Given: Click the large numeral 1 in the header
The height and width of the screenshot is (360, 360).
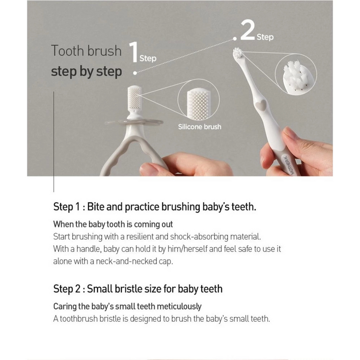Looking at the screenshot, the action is [133, 52].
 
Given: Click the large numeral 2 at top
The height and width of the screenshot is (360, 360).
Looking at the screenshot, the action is [248, 30].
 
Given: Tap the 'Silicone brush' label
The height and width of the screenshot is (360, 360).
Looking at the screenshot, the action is [200, 127].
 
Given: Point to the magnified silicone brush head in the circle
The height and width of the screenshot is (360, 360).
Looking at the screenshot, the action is [199, 105].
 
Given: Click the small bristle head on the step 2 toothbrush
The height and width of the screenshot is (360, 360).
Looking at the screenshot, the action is [238, 53].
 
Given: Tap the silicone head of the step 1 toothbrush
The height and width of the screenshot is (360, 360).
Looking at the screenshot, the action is [134, 98].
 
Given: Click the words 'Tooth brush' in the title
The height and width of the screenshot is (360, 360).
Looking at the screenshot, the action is [86, 50].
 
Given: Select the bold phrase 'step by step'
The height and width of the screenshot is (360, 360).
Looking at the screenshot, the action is [86, 72].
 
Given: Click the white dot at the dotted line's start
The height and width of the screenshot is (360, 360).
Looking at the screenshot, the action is [135, 73].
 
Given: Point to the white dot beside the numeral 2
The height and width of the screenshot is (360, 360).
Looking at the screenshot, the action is [235, 39].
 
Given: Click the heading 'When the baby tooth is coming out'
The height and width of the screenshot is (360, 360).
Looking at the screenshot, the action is [113, 224].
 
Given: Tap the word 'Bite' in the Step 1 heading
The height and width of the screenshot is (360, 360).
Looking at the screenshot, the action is [96, 206].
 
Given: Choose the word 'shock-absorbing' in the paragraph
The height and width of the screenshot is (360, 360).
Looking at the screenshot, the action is [199, 237].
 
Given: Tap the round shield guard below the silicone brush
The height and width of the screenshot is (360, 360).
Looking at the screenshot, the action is [134, 122].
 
